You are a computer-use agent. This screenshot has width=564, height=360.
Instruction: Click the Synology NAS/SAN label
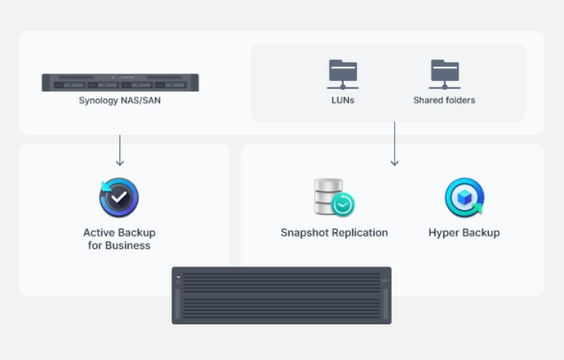[x=119, y=100]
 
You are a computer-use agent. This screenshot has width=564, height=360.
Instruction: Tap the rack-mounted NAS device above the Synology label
[x=119, y=82]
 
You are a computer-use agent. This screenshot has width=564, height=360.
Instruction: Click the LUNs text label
[x=343, y=100]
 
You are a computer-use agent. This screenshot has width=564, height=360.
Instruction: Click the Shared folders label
[x=445, y=100]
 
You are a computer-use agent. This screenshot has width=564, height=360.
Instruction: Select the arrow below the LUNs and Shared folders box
[x=395, y=144]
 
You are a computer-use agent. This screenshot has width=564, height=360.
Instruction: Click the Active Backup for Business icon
[x=119, y=197]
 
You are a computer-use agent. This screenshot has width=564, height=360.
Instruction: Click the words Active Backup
[x=119, y=232]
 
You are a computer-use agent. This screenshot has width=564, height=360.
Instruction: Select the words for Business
[x=119, y=246]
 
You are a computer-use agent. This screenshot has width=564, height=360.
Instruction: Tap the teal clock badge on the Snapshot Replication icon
[x=343, y=205]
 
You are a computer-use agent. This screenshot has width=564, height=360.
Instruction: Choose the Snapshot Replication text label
[x=334, y=232]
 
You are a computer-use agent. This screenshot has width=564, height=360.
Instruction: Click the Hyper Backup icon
[x=464, y=197]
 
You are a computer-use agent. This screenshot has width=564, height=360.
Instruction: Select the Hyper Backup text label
[x=464, y=232]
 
